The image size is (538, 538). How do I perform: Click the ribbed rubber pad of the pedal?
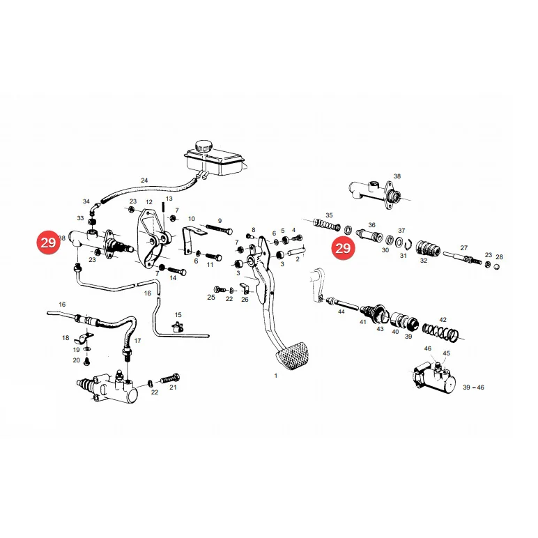[292, 355]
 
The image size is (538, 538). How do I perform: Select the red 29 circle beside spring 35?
[343, 247]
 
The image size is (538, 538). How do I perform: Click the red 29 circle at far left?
[48, 243]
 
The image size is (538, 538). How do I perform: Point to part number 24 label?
[144, 180]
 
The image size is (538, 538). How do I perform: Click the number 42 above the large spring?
[443, 320]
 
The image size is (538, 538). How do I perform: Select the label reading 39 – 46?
[473, 387]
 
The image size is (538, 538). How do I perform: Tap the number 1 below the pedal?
[275, 376]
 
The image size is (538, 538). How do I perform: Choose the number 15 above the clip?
[178, 315]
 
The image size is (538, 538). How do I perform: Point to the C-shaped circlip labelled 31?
[408, 244]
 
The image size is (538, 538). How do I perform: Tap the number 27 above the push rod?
[464, 247]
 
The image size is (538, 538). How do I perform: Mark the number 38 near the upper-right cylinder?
[397, 176]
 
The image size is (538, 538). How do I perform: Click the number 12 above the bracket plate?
[148, 202]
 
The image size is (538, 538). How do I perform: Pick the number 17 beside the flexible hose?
[137, 341]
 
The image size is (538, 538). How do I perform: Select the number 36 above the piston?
[372, 225]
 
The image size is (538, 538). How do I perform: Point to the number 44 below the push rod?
[341, 312]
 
